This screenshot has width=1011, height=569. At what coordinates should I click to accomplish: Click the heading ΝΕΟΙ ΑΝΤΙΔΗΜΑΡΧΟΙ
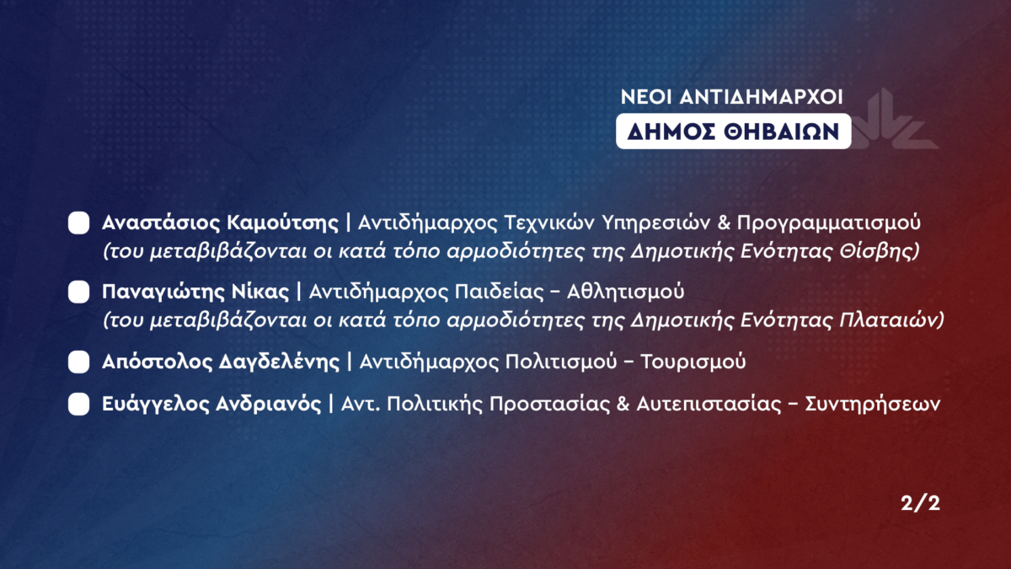click(731, 97)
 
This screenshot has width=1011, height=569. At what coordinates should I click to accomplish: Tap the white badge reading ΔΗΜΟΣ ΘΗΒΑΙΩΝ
click(734, 132)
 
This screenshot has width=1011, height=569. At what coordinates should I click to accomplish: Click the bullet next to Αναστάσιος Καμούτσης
click(78, 223)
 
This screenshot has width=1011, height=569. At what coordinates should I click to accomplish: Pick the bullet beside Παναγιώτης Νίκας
click(78, 293)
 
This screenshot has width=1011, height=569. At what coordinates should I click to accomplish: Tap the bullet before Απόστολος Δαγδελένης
click(78, 362)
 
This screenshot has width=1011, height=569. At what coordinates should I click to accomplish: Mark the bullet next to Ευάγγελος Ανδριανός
click(78, 404)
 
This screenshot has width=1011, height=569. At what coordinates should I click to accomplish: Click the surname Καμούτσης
click(282, 223)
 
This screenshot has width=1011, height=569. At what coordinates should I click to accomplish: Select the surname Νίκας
click(260, 293)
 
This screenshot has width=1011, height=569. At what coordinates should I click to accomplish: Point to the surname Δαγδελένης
click(280, 362)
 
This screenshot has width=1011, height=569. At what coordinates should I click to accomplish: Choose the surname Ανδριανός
click(269, 404)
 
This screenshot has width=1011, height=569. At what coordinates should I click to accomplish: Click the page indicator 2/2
click(920, 503)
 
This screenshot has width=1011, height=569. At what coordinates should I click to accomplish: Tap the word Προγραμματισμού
click(829, 223)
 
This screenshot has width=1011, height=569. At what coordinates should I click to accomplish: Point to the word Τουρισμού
click(693, 362)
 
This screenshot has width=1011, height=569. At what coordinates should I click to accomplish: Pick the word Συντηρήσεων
click(873, 404)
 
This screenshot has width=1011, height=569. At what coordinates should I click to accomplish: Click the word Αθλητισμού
click(625, 293)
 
